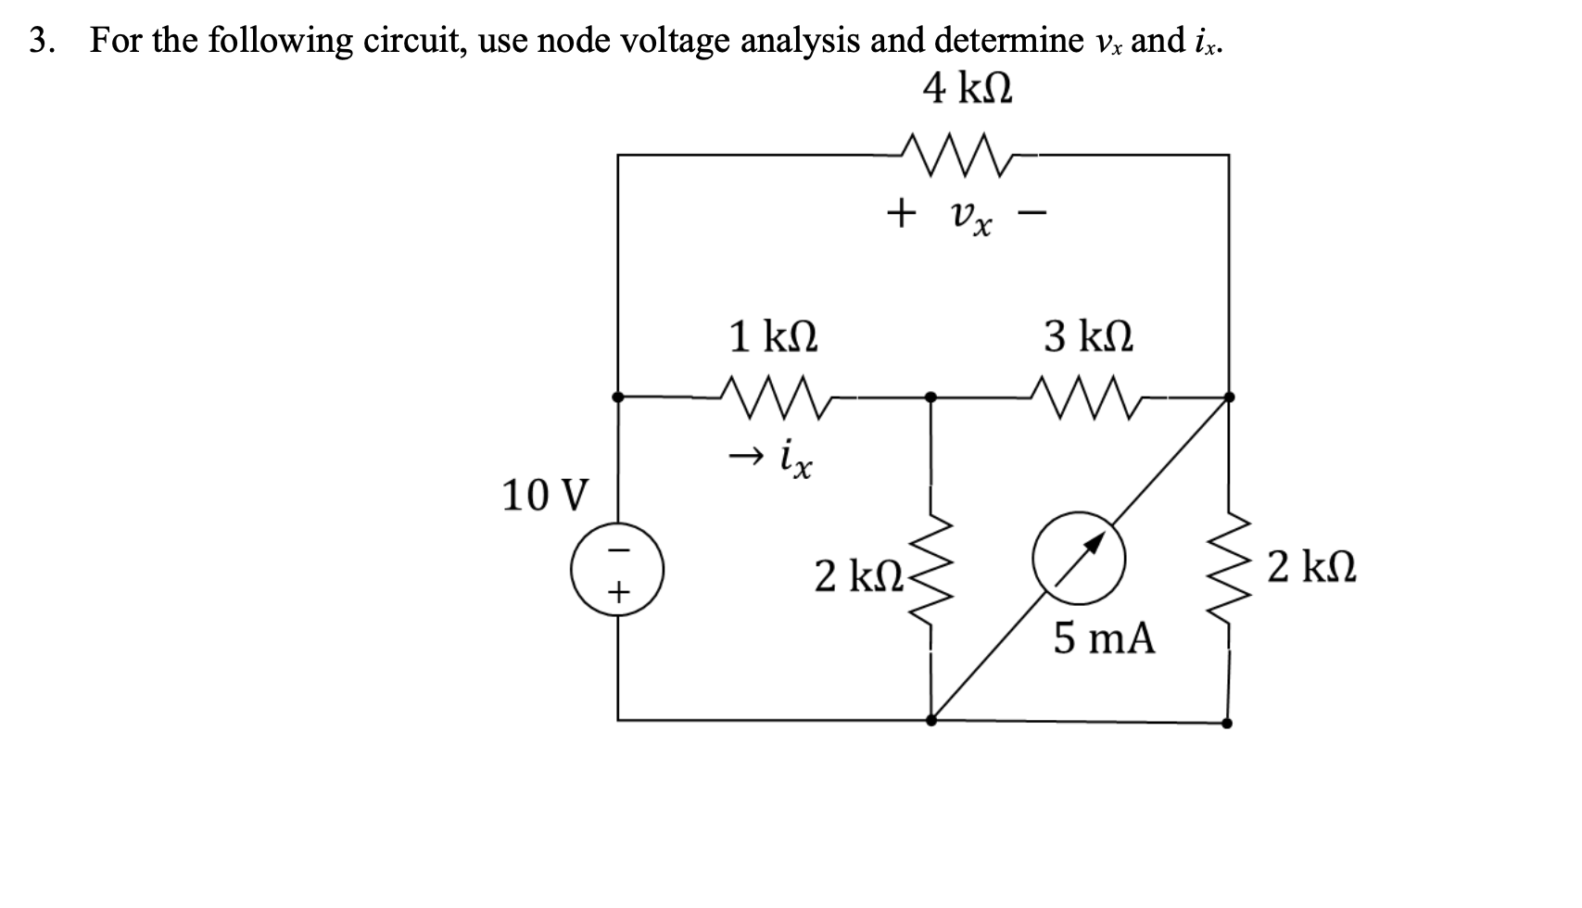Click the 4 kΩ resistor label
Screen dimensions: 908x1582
[968, 90]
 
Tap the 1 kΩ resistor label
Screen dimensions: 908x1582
[773, 335]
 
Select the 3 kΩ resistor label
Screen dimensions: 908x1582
[1088, 335]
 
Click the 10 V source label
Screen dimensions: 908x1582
[544, 496]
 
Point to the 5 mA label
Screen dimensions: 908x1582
[1104, 638]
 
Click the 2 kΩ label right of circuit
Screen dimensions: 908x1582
[1312, 566]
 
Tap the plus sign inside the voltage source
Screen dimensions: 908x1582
[618, 589]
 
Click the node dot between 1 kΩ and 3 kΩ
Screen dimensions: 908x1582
[931, 397]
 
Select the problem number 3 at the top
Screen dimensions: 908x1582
[38, 41]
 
